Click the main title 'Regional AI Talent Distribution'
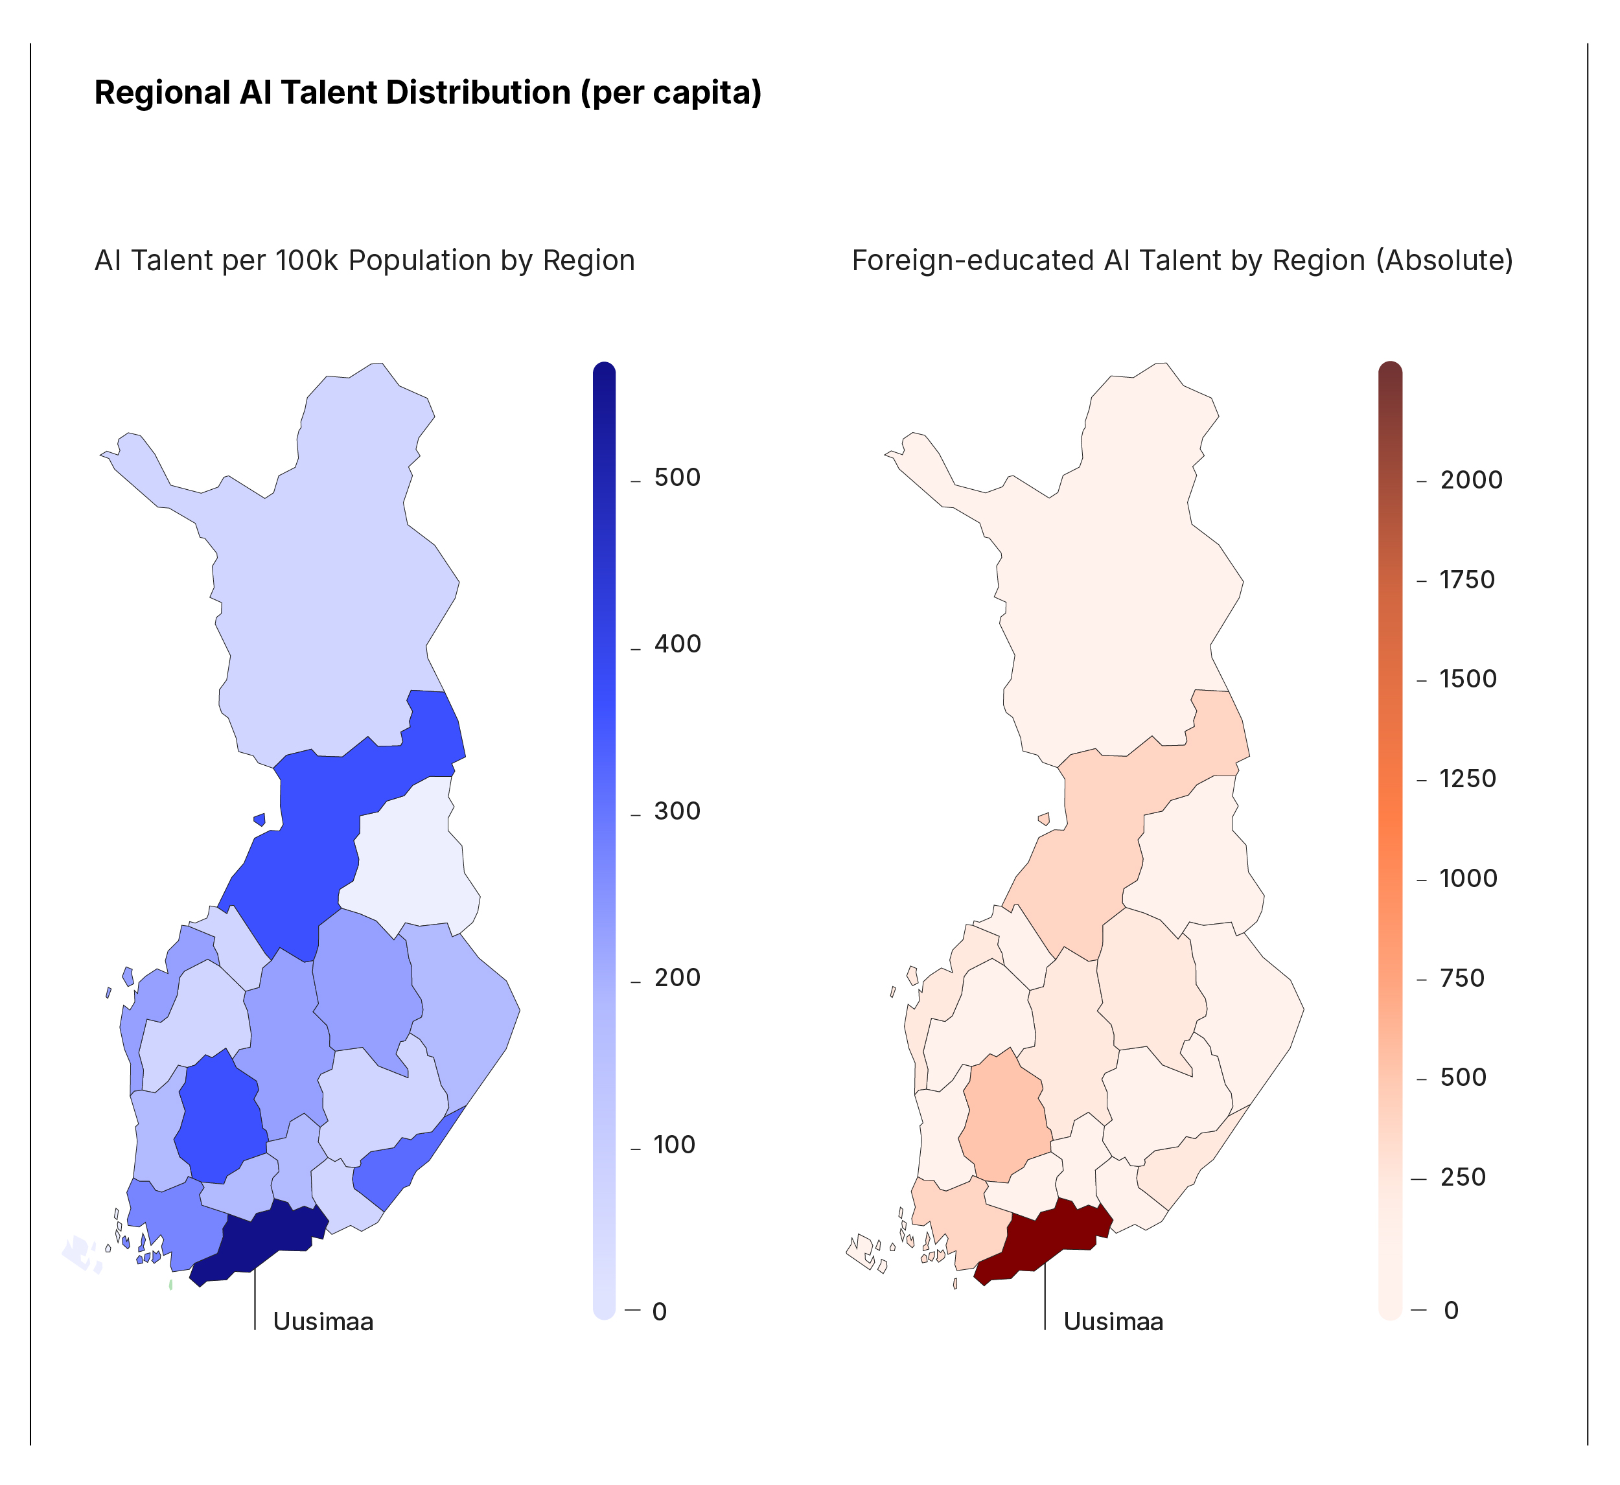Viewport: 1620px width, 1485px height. click(428, 93)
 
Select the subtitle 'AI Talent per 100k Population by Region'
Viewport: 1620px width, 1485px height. click(364, 261)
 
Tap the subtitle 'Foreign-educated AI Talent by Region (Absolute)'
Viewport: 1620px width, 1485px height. click(1182, 261)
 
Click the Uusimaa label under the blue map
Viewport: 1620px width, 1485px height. click(323, 1322)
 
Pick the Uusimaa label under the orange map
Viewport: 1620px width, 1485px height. click(1113, 1322)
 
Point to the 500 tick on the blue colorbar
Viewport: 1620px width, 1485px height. click(677, 478)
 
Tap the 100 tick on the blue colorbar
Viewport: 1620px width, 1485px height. click(673, 1144)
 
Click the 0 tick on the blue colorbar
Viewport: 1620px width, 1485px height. click(659, 1311)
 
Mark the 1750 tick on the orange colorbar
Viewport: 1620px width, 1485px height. click(1466, 579)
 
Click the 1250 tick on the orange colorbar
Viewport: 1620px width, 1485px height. click(1467, 779)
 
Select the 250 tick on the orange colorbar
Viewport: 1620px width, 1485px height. click(1463, 1177)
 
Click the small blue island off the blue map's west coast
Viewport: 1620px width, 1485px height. click(259, 820)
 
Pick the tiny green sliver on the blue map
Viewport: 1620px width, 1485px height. click(171, 1285)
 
